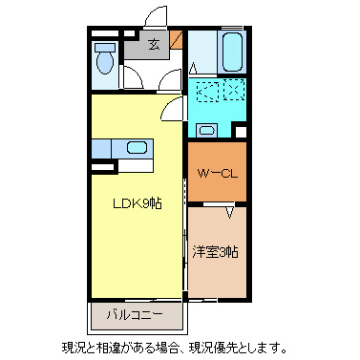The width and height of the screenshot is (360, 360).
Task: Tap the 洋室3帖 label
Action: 215,253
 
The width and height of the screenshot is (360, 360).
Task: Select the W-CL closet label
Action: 217,174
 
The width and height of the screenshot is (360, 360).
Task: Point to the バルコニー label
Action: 134,314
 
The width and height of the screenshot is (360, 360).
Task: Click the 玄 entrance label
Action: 153,42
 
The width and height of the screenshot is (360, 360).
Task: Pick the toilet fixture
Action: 106,61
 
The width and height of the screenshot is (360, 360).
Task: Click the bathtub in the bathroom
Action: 231,53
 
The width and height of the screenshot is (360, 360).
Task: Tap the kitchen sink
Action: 137,148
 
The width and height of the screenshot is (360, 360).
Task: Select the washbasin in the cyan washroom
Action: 205,131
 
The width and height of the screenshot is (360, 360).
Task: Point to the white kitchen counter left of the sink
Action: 103,149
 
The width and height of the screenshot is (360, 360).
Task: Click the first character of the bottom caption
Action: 68,347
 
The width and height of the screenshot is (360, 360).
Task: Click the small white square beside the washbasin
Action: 240,131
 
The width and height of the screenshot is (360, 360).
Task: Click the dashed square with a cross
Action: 235,94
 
